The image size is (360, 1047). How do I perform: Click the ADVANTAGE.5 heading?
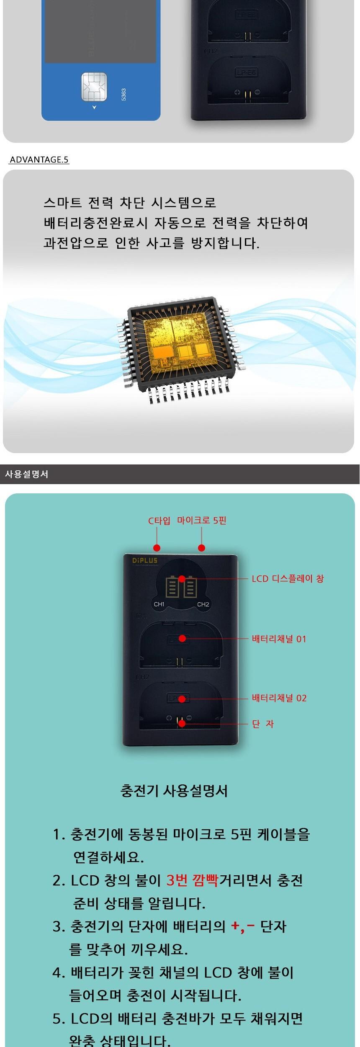(x=39, y=160)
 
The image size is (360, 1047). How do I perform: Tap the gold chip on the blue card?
(x=94, y=87)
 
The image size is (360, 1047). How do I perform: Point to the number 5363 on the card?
(x=123, y=94)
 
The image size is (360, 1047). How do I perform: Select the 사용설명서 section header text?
(x=26, y=474)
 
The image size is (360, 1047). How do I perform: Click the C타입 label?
(x=159, y=521)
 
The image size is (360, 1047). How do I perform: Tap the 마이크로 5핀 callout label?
(x=201, y=521)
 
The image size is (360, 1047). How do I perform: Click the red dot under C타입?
(x=157, y=548)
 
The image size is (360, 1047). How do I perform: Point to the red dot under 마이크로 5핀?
(x=202, y=548)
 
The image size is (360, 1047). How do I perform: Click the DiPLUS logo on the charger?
(x=145, y=561)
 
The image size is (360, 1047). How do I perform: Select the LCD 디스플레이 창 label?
(x=288, y=579)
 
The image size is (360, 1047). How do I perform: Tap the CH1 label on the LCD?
(x=159, y=604)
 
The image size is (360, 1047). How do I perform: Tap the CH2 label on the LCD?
(x=203, y=604)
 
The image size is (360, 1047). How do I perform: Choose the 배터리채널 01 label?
(x=279, y=639)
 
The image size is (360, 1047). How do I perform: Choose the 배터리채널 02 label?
(x=279, y=698)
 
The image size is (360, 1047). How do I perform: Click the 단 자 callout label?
(x=262, y=724)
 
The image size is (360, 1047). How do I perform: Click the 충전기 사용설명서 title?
(x=174, y=791)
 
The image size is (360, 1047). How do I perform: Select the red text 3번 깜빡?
(x=192, y=880)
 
